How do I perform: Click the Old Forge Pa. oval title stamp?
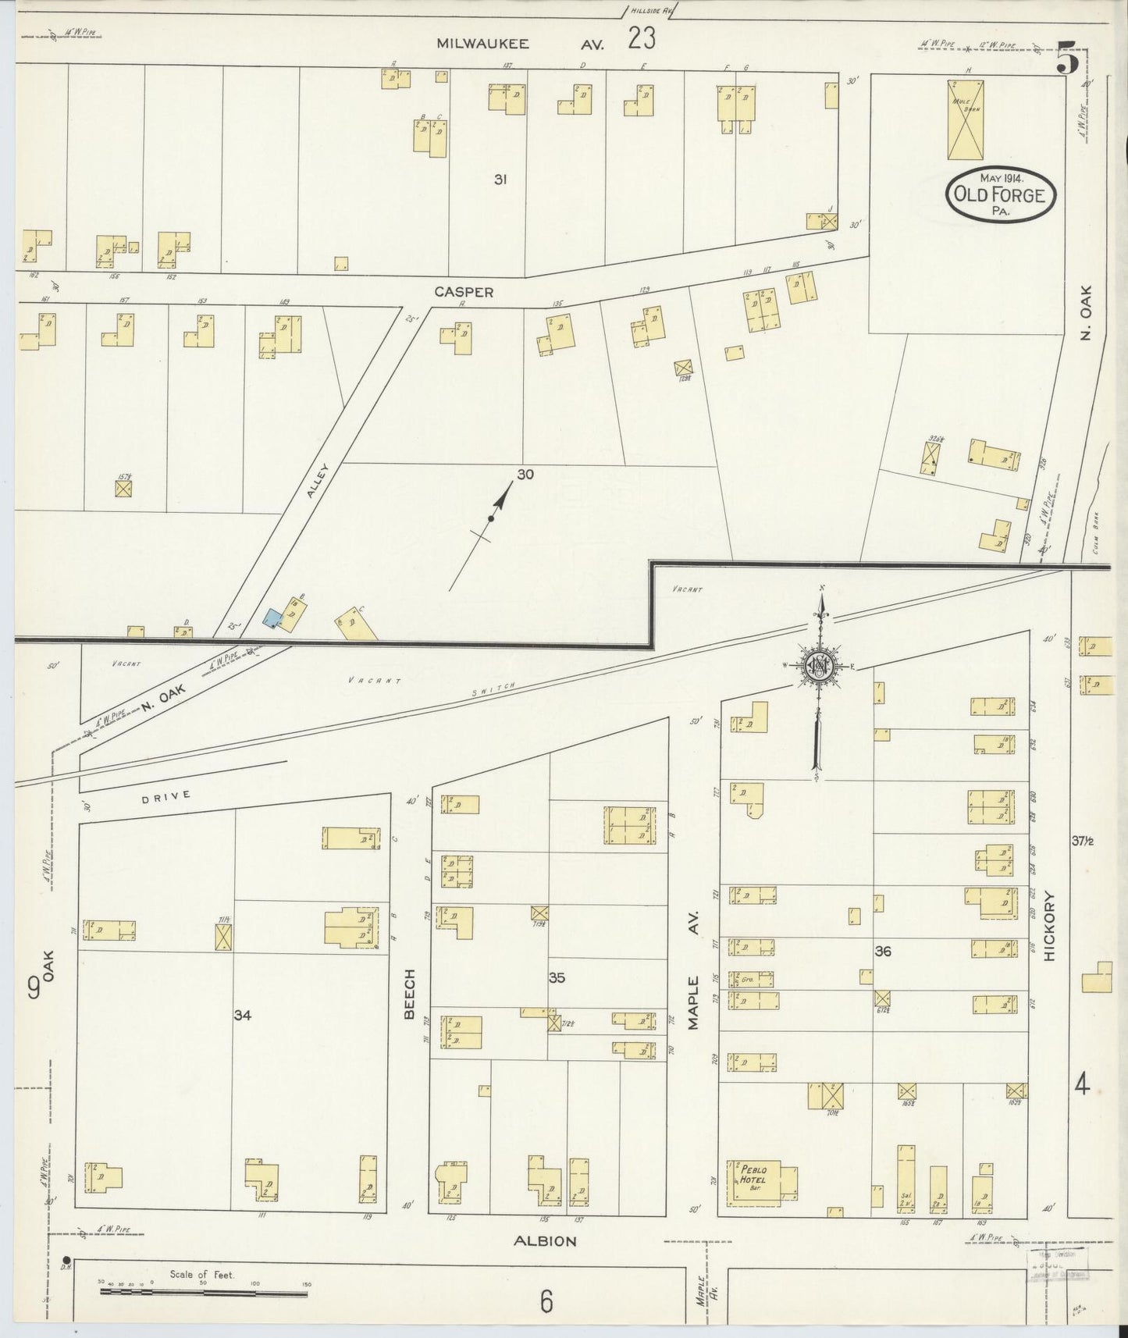tap(1000, 194)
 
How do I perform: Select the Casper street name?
tap(464, 292)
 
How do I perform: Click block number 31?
tap(500, 180)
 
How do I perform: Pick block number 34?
tap(243, 1015)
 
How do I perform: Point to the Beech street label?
tap(409, 994)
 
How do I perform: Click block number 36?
tap(883, 951)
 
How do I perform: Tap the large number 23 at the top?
tap(641, 38)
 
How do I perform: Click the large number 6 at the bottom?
tap(546, 1302)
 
